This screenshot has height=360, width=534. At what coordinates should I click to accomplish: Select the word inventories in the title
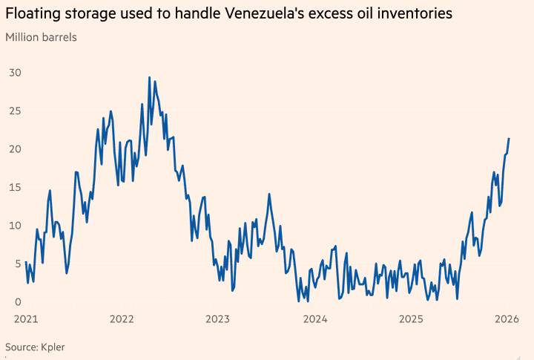point(412,13)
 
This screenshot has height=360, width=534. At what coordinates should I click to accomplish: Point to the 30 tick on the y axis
point(16,73)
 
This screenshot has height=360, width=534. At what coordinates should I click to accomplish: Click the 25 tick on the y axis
point(16,111)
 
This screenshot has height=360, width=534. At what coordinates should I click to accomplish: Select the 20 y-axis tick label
point(16,149)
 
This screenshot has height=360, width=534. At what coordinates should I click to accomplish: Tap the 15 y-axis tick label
point(16,188)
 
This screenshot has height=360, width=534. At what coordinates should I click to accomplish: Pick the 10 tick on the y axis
point(16,226)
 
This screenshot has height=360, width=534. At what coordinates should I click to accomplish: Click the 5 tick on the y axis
point(19,264)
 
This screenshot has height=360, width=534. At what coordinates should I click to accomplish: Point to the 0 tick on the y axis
point(19,302)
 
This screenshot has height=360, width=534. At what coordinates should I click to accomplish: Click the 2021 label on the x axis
point(25,320)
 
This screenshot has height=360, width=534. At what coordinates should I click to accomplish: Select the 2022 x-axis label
point(122,320)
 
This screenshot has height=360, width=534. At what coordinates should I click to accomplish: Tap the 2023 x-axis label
point(218,320)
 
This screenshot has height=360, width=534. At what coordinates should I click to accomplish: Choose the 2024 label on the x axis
point(314,320)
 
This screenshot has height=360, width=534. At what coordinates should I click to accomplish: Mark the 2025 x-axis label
point(411,320)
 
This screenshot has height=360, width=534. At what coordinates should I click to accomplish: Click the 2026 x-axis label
point(507,320)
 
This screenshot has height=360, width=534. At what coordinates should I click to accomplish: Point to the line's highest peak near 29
point(149,77)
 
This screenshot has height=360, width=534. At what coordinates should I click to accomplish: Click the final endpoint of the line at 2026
point(509,139)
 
